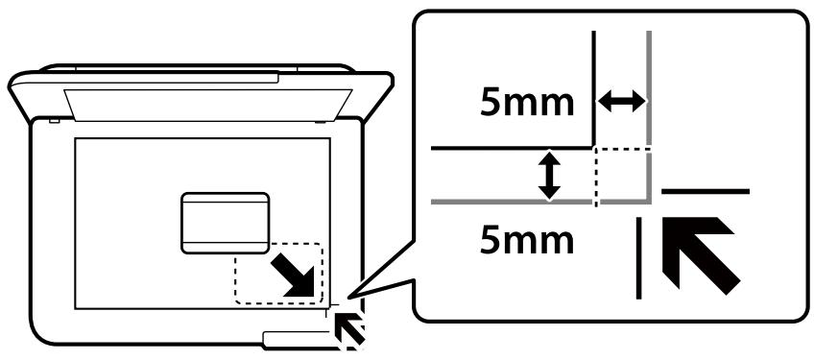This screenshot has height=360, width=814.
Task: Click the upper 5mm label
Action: [528, 103]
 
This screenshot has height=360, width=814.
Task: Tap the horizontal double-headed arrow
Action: [622, 101]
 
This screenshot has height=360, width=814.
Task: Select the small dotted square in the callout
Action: [622, 176]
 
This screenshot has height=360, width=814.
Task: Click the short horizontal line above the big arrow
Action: [706, 192]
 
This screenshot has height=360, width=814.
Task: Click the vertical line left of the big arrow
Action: [639, 257]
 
